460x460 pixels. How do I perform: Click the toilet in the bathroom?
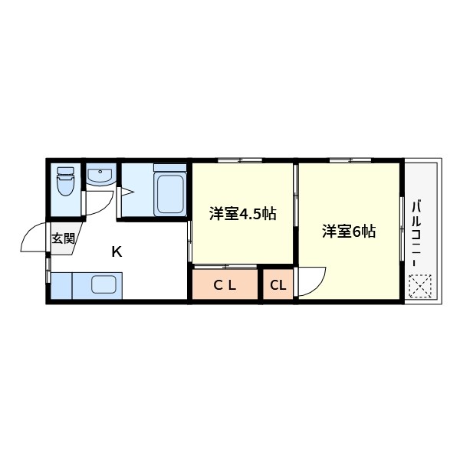(66, 182)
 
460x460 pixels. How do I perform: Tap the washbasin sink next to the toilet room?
(99, 176)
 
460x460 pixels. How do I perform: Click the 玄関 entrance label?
(63, 238)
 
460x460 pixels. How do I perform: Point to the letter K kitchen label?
(117, 251)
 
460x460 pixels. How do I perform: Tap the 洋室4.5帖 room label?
(242, 215)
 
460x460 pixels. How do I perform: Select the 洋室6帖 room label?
(349, 230)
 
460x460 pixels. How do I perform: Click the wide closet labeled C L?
(225, 286)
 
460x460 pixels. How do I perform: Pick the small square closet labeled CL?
(278, 286)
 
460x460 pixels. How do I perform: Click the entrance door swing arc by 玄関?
(34, 238)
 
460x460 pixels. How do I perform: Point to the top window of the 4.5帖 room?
(240, 160)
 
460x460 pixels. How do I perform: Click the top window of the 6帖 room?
(351, 160)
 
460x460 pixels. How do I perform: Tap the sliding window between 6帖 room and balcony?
(402, 230)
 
